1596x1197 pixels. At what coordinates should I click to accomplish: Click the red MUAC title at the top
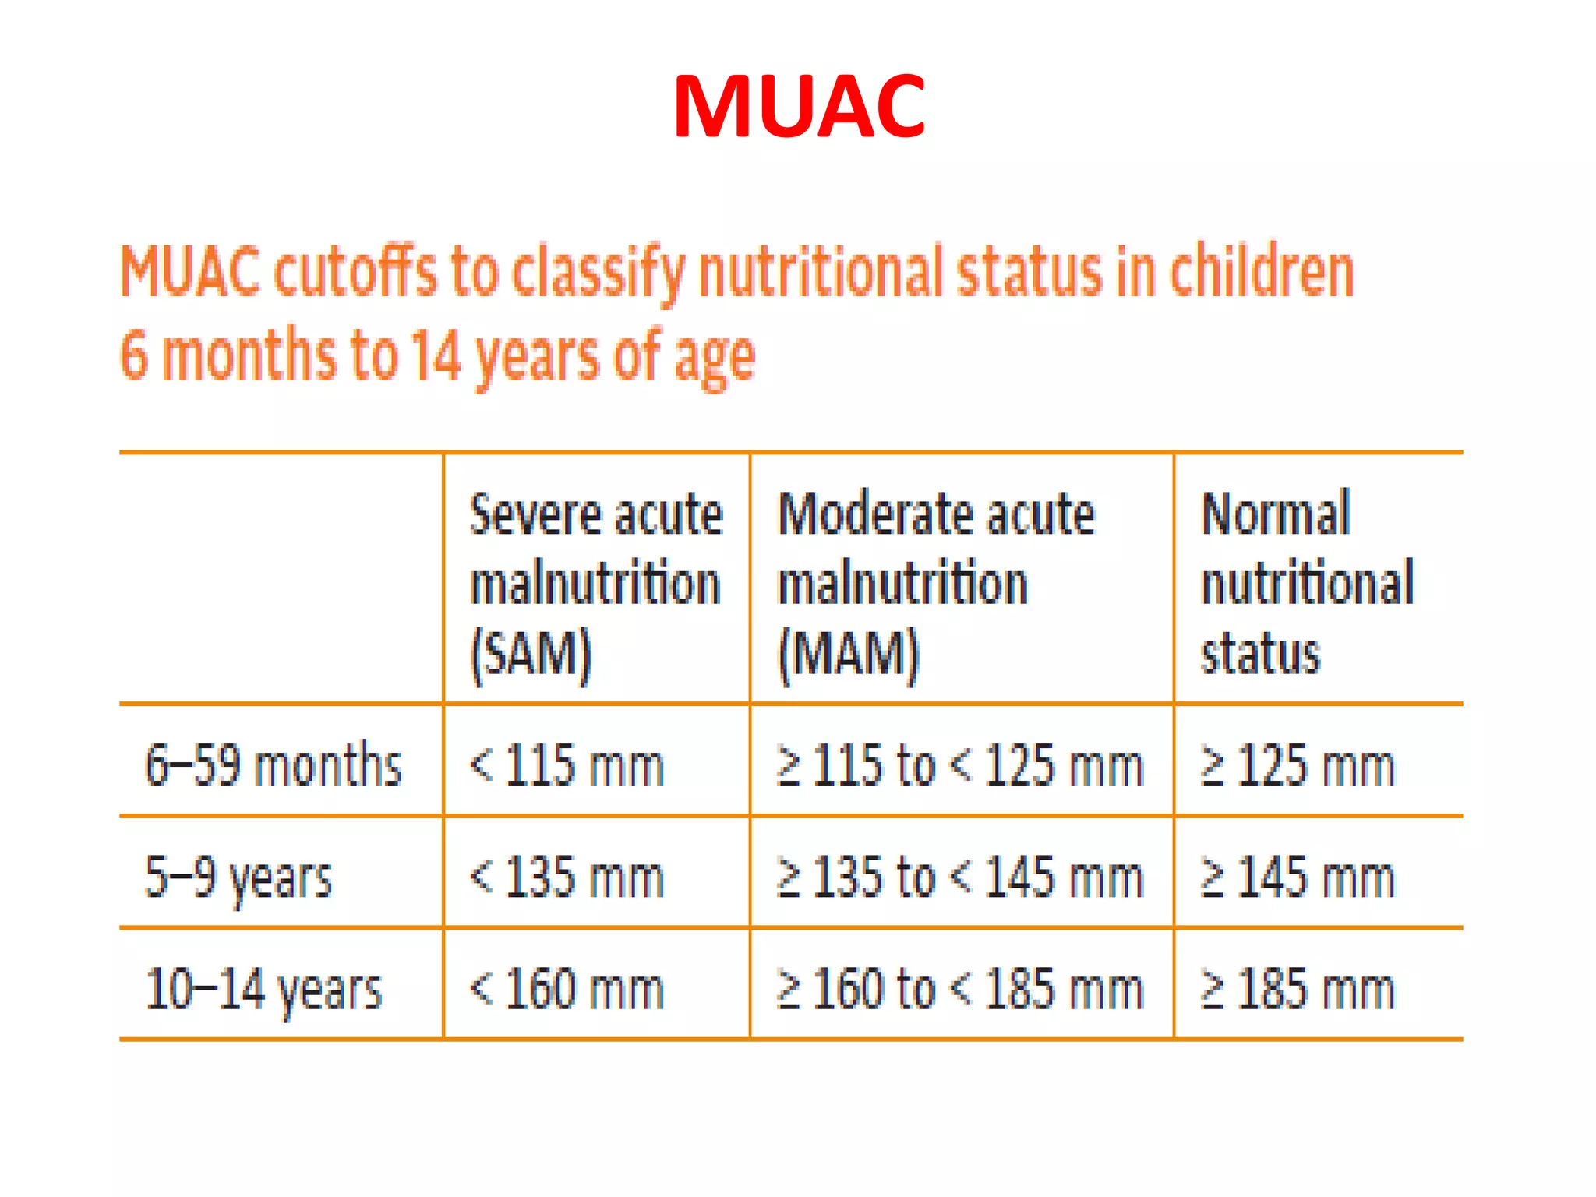(x=799, y=107)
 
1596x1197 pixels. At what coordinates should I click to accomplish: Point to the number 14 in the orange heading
(x=436, y=355)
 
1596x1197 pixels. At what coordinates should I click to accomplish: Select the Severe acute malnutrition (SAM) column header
(x=596, y=584)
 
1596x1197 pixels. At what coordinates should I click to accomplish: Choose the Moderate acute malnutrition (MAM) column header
(x=936, y=584)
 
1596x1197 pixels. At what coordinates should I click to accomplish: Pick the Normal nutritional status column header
(x=1307, y=584)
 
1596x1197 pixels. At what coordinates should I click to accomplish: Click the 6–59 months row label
(x=273, y=764)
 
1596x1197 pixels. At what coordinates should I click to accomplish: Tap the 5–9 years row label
(x=238, y=877)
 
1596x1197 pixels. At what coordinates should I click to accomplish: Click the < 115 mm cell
(x=567, y=764)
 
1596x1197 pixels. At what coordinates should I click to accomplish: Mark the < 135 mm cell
(x=567, y=877)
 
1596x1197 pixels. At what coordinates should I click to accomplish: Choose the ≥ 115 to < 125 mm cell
(x=959, y=764)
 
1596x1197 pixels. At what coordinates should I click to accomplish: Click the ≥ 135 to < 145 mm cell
(x=959, y=877)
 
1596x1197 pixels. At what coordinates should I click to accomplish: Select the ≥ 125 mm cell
(x=1297, y=764)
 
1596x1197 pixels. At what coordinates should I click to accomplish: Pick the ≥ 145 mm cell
(x=1297, y=877)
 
